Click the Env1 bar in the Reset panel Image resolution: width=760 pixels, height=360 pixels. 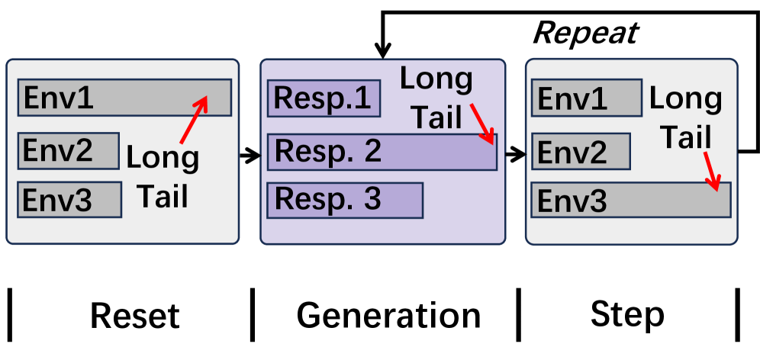[x=124, y=98]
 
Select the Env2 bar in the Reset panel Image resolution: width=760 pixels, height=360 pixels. [x=69, y=150]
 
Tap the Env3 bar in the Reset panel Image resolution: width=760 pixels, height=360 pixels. [x=69, y=199]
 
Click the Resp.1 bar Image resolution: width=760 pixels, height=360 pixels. [x=324, y=98]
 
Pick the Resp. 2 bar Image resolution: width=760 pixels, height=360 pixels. [x=382, y=151]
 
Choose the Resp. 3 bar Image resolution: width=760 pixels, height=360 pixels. [x=345, y=199]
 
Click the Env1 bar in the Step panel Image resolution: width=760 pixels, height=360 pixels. [x=586, y=98]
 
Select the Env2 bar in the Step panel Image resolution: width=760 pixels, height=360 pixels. [x=581, y=151]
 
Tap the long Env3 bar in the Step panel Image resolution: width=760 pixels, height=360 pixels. [x=631, y=200]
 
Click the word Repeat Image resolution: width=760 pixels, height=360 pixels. [x=585, y=33]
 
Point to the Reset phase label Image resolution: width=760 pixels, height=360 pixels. [x=135, y=315]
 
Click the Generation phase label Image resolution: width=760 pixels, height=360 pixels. [x=388, y=315]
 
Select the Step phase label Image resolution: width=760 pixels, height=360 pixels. [x=627, y=314]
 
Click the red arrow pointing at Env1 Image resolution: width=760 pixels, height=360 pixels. [x=194, y=120]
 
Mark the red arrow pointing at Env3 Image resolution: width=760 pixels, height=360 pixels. [x=711, y=172]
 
